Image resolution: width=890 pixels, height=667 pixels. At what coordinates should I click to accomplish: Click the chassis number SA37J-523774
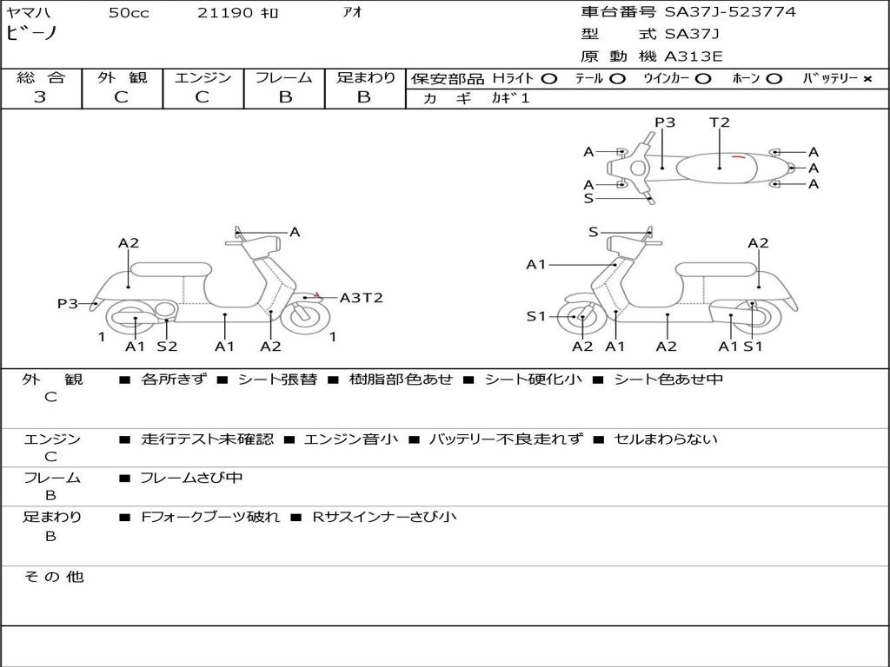tap(730, 12)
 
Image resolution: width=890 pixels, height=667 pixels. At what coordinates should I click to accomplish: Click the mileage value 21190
tap(226, 13)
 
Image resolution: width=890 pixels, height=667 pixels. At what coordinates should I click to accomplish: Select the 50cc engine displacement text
tap(129, 13)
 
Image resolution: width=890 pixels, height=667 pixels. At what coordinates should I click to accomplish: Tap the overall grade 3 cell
tap(40, 97)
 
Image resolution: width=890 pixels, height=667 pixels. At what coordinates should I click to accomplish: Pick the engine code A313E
tap(693, 57)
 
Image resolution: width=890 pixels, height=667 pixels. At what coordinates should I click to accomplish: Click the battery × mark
tap(867, 79)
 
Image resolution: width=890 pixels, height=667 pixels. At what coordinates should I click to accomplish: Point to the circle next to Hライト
tap(548, 79)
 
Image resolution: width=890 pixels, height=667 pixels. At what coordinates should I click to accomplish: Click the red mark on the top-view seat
tap(739, 156)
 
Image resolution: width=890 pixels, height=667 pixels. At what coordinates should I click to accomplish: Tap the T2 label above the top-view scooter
tap(720, 122)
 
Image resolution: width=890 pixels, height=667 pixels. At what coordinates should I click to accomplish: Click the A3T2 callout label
tap(361, 298)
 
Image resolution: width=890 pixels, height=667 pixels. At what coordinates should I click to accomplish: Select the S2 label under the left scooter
tap(167, 347)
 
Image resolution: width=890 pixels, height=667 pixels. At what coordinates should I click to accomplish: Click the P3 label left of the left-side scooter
tap(68, 304)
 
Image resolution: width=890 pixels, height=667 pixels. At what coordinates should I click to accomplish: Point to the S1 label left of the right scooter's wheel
tap(537, 316)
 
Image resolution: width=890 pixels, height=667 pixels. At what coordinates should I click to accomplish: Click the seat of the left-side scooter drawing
tap(170, 268)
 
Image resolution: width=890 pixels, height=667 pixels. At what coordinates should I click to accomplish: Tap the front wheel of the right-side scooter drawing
tap(582, 318)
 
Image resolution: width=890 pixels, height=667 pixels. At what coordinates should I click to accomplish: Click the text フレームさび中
tap(191, 478)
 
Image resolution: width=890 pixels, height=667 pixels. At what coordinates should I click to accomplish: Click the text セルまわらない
tap(666, 439)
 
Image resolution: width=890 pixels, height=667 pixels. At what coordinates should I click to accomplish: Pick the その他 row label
tap(53, 577)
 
